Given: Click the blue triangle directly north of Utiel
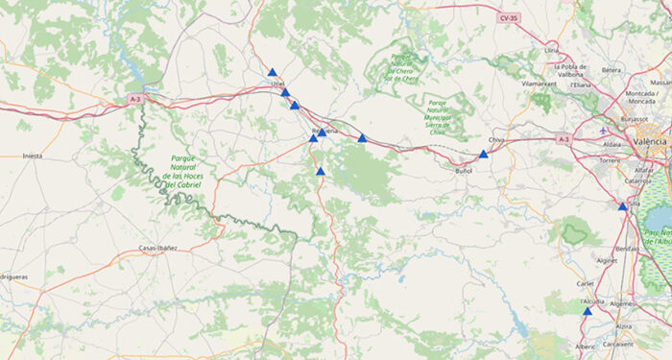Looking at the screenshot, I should point(273,72).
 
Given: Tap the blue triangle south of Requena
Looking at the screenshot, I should point(321,171).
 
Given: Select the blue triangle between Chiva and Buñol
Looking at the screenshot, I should point(484,154).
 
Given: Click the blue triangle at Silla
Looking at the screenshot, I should point(622,206).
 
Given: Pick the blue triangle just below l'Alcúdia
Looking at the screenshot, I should point(587,311).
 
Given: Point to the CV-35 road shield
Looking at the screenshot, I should point(507,18).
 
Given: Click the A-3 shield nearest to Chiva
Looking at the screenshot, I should point(564,139).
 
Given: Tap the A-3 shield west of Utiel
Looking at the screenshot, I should point(133,99).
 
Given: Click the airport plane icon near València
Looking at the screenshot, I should point(603,130).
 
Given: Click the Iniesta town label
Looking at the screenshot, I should point(32,155).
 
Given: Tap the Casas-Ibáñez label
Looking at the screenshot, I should point(158,249).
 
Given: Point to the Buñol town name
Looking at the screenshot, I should point(463,171).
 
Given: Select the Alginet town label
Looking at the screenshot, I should point(607,260).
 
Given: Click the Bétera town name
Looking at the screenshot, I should point(612,69).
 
